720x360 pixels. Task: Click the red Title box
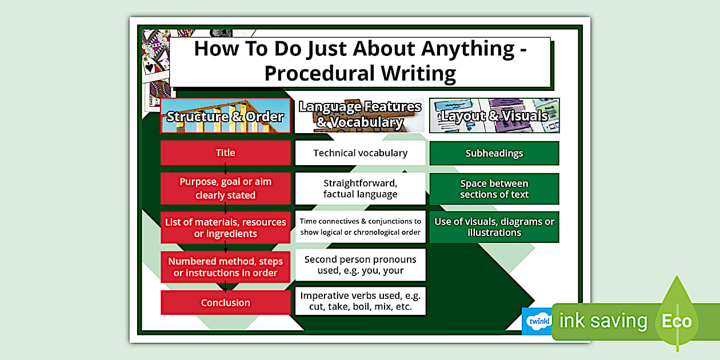point(226,153)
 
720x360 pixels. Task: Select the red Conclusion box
point(226,302)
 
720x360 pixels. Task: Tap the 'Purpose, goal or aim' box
point(226,189)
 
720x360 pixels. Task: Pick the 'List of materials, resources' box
point(226,227)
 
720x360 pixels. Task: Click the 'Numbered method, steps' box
point(226,267)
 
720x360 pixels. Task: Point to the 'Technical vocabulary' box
point(360,153)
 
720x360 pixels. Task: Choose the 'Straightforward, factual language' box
point(360,189)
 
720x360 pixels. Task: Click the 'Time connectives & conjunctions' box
point(360,226)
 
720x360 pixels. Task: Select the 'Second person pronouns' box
point(360,265)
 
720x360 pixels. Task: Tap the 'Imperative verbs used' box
point(360,301)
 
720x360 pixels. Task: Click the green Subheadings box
point(494,153)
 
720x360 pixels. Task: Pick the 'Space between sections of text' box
point(494,189)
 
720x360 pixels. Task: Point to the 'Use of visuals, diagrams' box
point(494,227)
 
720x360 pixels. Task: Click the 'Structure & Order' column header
point(225,116)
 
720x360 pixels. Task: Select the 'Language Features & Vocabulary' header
point(360,115)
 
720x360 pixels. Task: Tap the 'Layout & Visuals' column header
point(494,115)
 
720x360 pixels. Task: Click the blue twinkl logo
point(537,321)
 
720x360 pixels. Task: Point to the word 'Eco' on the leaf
point(677,321)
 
